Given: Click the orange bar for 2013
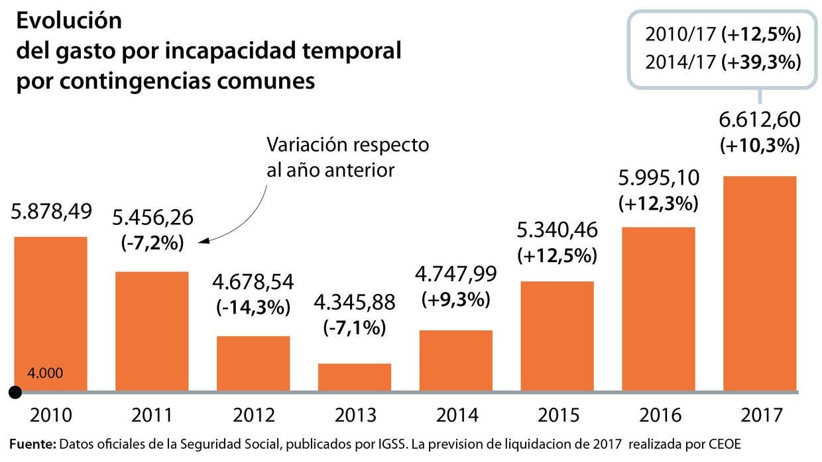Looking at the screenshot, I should point(355,377).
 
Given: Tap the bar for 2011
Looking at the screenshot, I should point(152,331).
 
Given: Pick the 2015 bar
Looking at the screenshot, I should point(558,336).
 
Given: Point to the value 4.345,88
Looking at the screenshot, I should point(354,302).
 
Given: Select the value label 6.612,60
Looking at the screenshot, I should point(760,120).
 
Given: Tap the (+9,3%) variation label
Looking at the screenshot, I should point(456,299).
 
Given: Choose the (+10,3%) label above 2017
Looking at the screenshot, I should point(760,145).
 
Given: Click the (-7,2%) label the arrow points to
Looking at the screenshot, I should point(152,243).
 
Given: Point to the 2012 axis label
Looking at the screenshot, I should point(254,416).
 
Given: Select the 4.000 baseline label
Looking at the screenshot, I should point(45,373).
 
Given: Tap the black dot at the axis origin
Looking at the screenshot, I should point(15,393).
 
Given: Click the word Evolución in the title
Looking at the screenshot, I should point(69,21).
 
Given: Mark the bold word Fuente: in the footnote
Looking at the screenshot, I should point(33,443).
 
